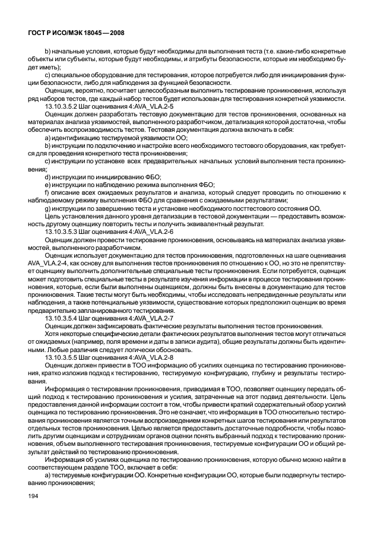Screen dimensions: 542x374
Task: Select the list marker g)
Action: click(48, 208)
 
